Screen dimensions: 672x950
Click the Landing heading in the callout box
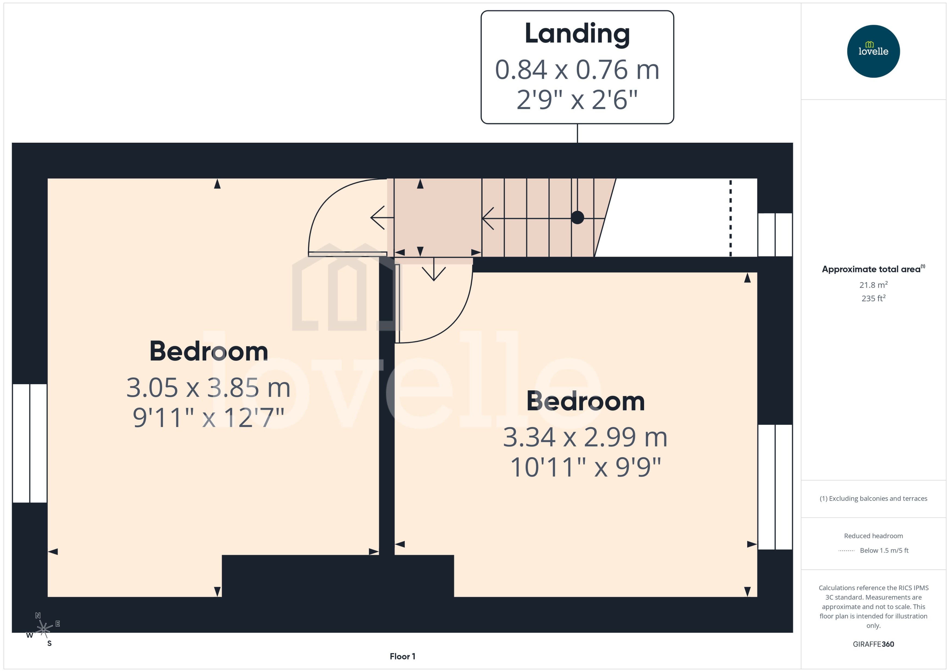[x=577, y=34]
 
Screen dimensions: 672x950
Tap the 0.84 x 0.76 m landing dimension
[x=577, y=69]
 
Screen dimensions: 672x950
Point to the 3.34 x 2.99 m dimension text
[x=585, y=437]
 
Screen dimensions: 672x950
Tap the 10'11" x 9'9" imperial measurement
[x=585, y=467]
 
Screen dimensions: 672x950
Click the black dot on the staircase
[x=577, y=217]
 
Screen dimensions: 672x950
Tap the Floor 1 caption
[x=402, y=656]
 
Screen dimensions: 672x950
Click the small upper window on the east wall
[x=774, y=235]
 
